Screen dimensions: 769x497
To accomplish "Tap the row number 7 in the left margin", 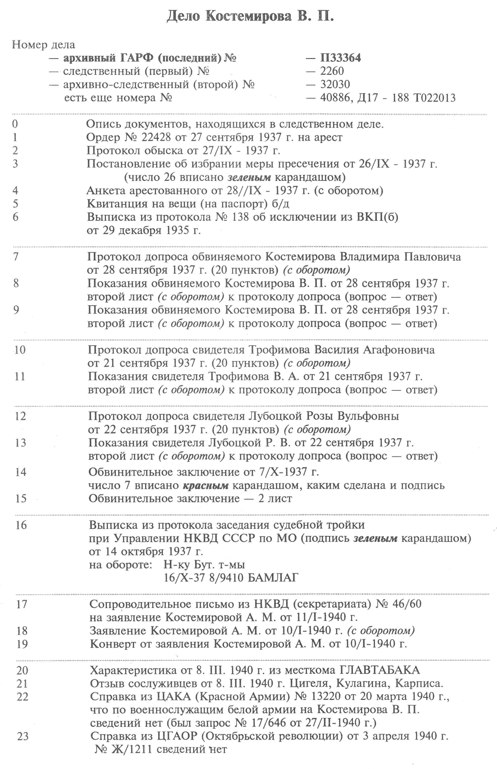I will (16, 257).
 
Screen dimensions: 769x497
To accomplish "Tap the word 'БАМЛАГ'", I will (273, 578).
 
